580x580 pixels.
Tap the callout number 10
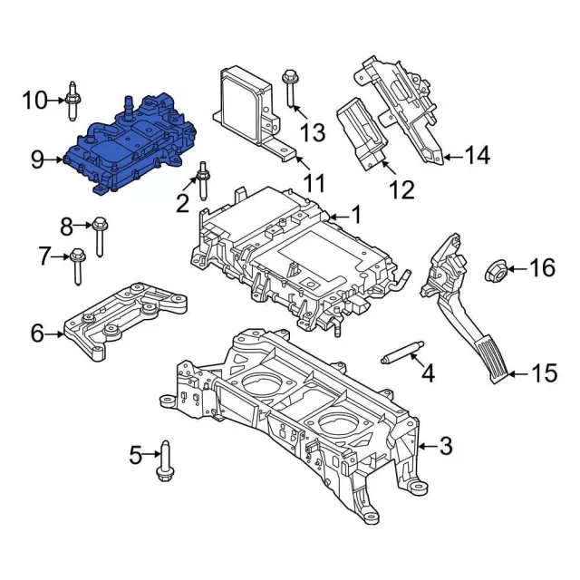pos(34,100)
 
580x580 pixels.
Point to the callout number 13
pos(312,133)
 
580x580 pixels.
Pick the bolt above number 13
pos(291,89)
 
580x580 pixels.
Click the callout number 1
pos(355,216)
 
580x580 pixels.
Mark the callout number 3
pos(445,445)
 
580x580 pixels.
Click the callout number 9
pos(37,160)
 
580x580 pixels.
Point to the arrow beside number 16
pos(516,268)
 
